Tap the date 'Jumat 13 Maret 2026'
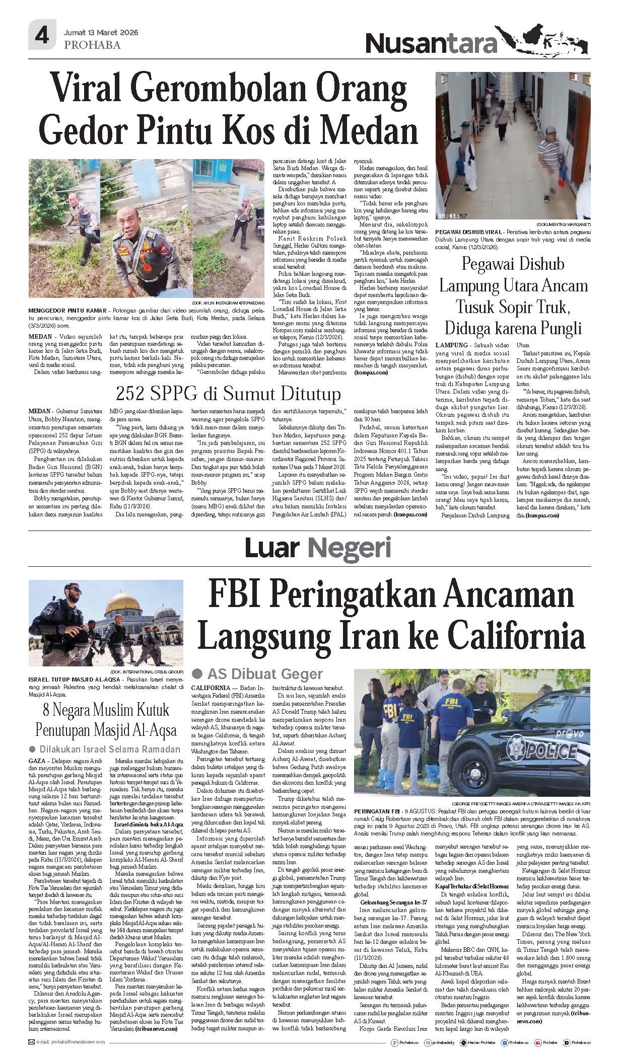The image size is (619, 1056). click(x=101, y=32)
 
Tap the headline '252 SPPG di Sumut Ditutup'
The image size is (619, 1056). click(x=228, y=393)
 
